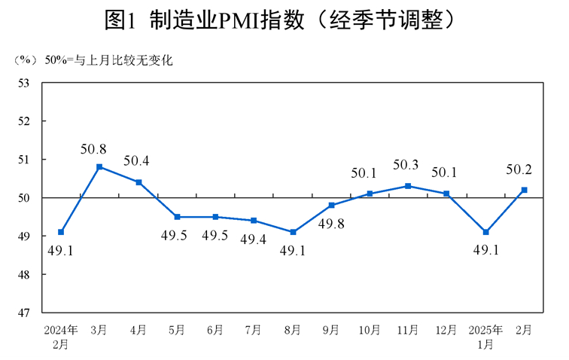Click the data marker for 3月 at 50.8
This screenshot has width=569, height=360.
[x=99, y=166]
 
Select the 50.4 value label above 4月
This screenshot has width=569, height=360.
[x=137, y=160]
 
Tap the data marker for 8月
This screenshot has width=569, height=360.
[x=293, y=232]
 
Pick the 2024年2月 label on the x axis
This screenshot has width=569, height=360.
[x=61, y=336]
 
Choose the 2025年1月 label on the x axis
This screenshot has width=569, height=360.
[x=486, y=336]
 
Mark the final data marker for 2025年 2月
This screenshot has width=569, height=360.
[x=525, y=190]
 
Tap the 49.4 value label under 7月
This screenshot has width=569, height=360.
[x=254, y=239]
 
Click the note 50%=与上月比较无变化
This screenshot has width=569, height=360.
[x=108, y=61]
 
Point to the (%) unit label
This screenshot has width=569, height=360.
[x=25, y=61]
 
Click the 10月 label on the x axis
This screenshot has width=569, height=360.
[x=370, y=330]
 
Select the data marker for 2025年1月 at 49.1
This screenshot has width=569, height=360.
[x=486, y=232]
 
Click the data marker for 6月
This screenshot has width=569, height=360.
[x=215, y=217]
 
